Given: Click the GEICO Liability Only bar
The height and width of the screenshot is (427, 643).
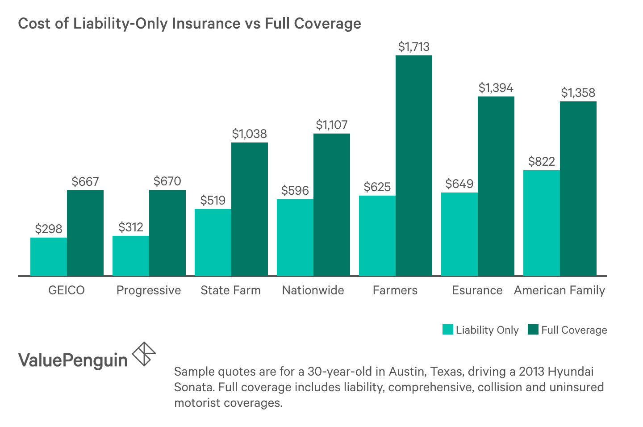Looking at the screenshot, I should point(49,256).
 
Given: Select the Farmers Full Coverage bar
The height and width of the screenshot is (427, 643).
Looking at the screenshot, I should point(413,165).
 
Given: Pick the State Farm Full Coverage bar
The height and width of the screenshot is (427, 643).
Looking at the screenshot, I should point(249,209).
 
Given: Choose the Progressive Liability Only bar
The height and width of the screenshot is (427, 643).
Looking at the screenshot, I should point(131,255).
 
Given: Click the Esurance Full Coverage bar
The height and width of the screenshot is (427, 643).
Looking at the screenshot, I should point(496,186).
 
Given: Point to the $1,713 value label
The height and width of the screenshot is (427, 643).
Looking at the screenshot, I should point(413,47).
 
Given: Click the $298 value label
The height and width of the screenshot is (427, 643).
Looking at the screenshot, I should point(49,229).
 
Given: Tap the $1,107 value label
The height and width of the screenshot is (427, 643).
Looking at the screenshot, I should point(331,125).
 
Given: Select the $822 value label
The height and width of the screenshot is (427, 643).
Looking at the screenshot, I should point(541,161).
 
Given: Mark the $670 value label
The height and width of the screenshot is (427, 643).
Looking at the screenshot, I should point(167,181).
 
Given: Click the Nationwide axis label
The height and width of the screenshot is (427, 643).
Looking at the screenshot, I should point(313,290).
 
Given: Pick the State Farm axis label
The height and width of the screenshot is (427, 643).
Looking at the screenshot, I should point(230,290).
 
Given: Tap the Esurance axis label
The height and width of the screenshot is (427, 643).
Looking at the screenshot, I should point(477,290).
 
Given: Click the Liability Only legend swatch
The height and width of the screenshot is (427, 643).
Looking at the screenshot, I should point(447,330).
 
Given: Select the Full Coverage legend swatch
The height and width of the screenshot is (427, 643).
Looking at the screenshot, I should point(533,330).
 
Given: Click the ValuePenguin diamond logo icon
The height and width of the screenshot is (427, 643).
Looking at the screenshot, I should point(144,354).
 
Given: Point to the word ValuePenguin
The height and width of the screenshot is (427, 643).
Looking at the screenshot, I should point(73,360).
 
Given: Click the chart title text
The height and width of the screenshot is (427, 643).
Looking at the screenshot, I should point(189,23).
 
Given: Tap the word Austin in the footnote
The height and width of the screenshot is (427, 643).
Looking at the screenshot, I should point(405,372).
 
